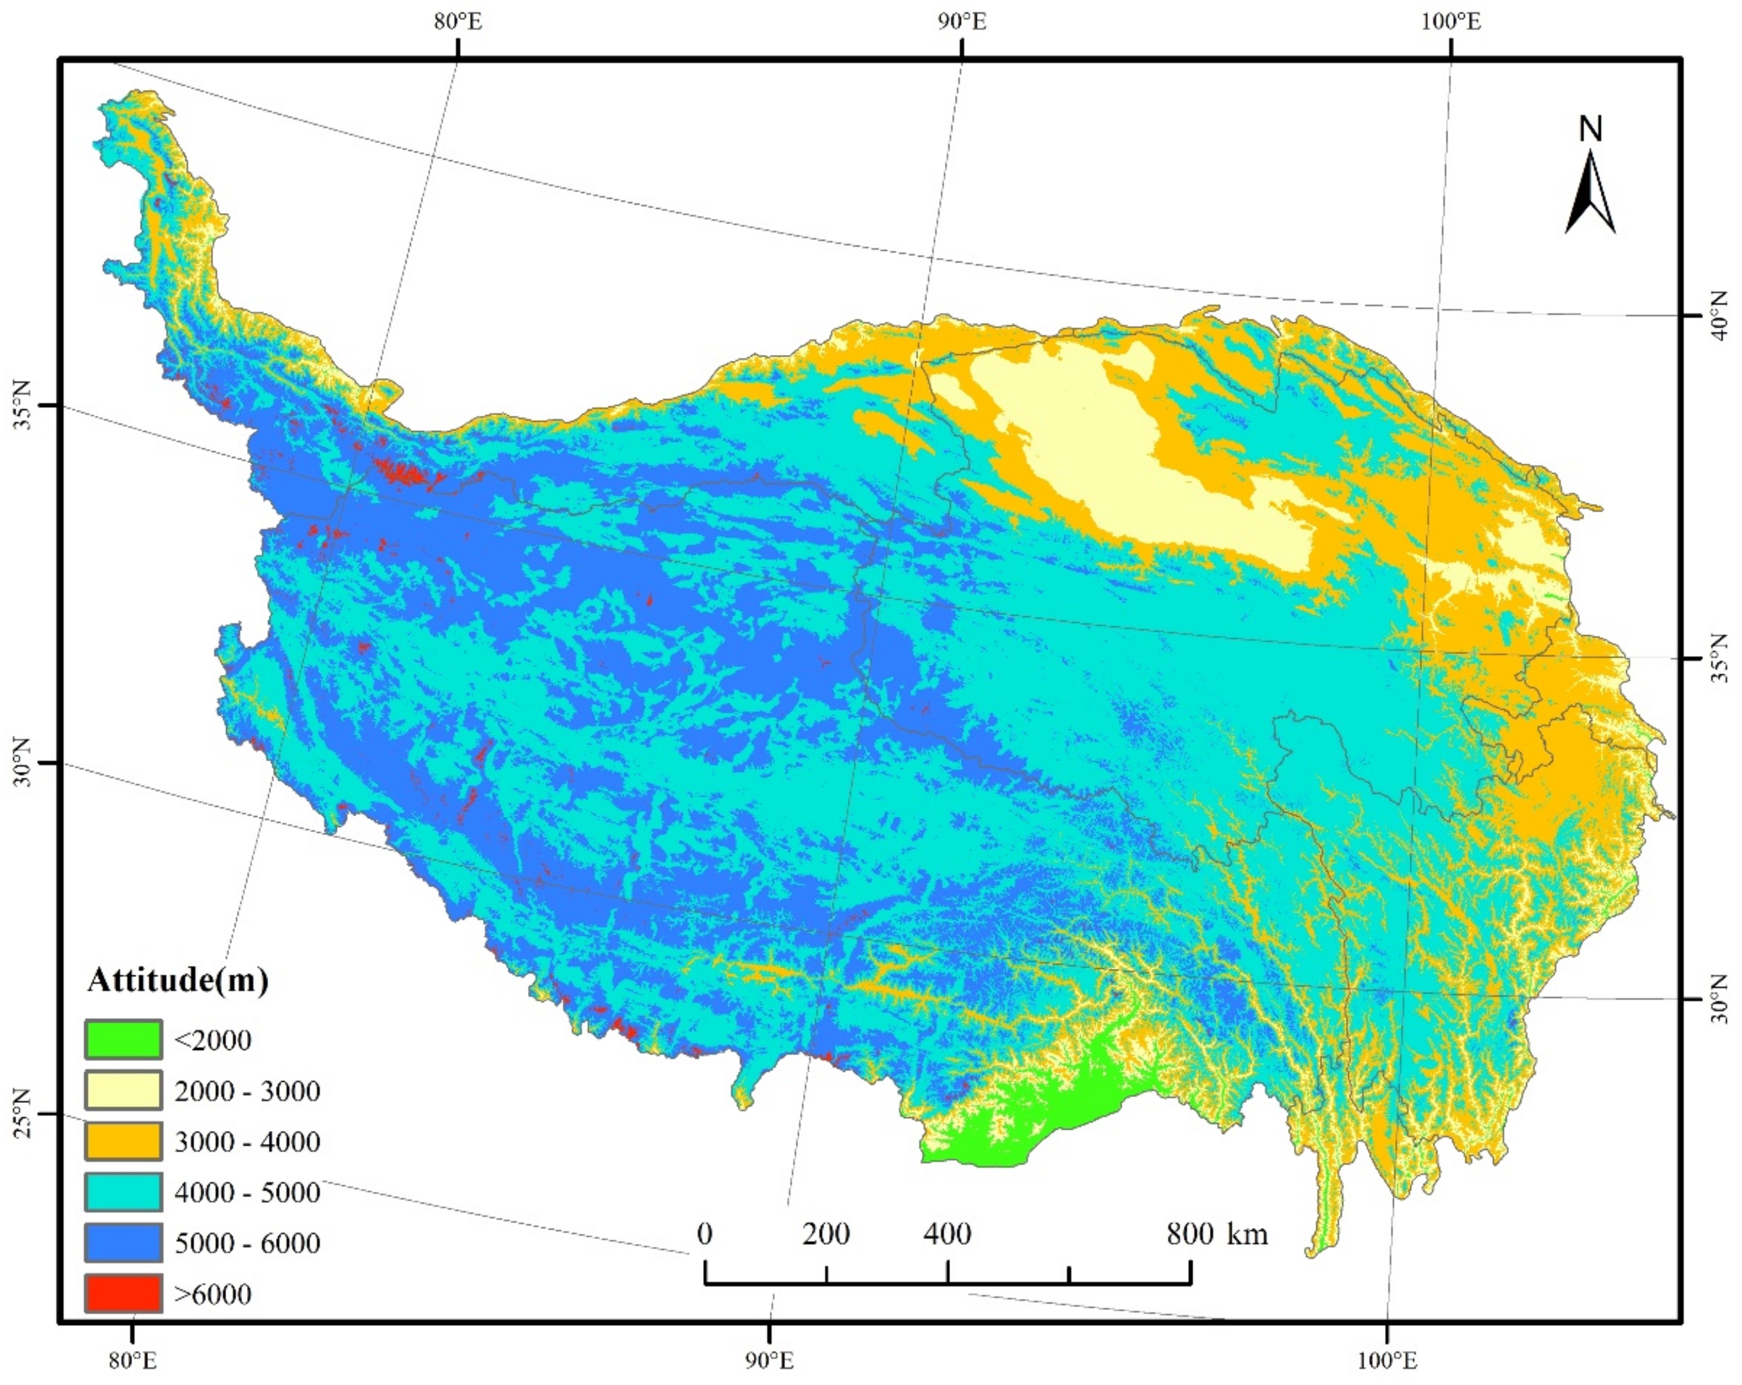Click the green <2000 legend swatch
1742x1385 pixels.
click(x=123, y=1040)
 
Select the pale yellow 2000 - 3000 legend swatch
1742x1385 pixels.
click(x=123, y=1091)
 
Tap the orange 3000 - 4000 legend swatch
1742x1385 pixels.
click(x=123, y=1141)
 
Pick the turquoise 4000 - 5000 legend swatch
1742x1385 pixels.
click(x=123, y=1192)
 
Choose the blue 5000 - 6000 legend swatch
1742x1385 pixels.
click(x=123, y=1243)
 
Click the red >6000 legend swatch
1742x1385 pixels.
click(x=123, y=1294)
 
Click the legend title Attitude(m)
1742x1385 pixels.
click(x=178, y=980)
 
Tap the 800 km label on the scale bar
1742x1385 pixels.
click(x=1217, y=1234)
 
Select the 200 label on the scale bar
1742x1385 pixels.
click(x=826, y=1234)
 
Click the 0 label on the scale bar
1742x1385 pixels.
click(x=705, y=1234)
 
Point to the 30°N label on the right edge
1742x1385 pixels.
click(x=1719, y=999)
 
